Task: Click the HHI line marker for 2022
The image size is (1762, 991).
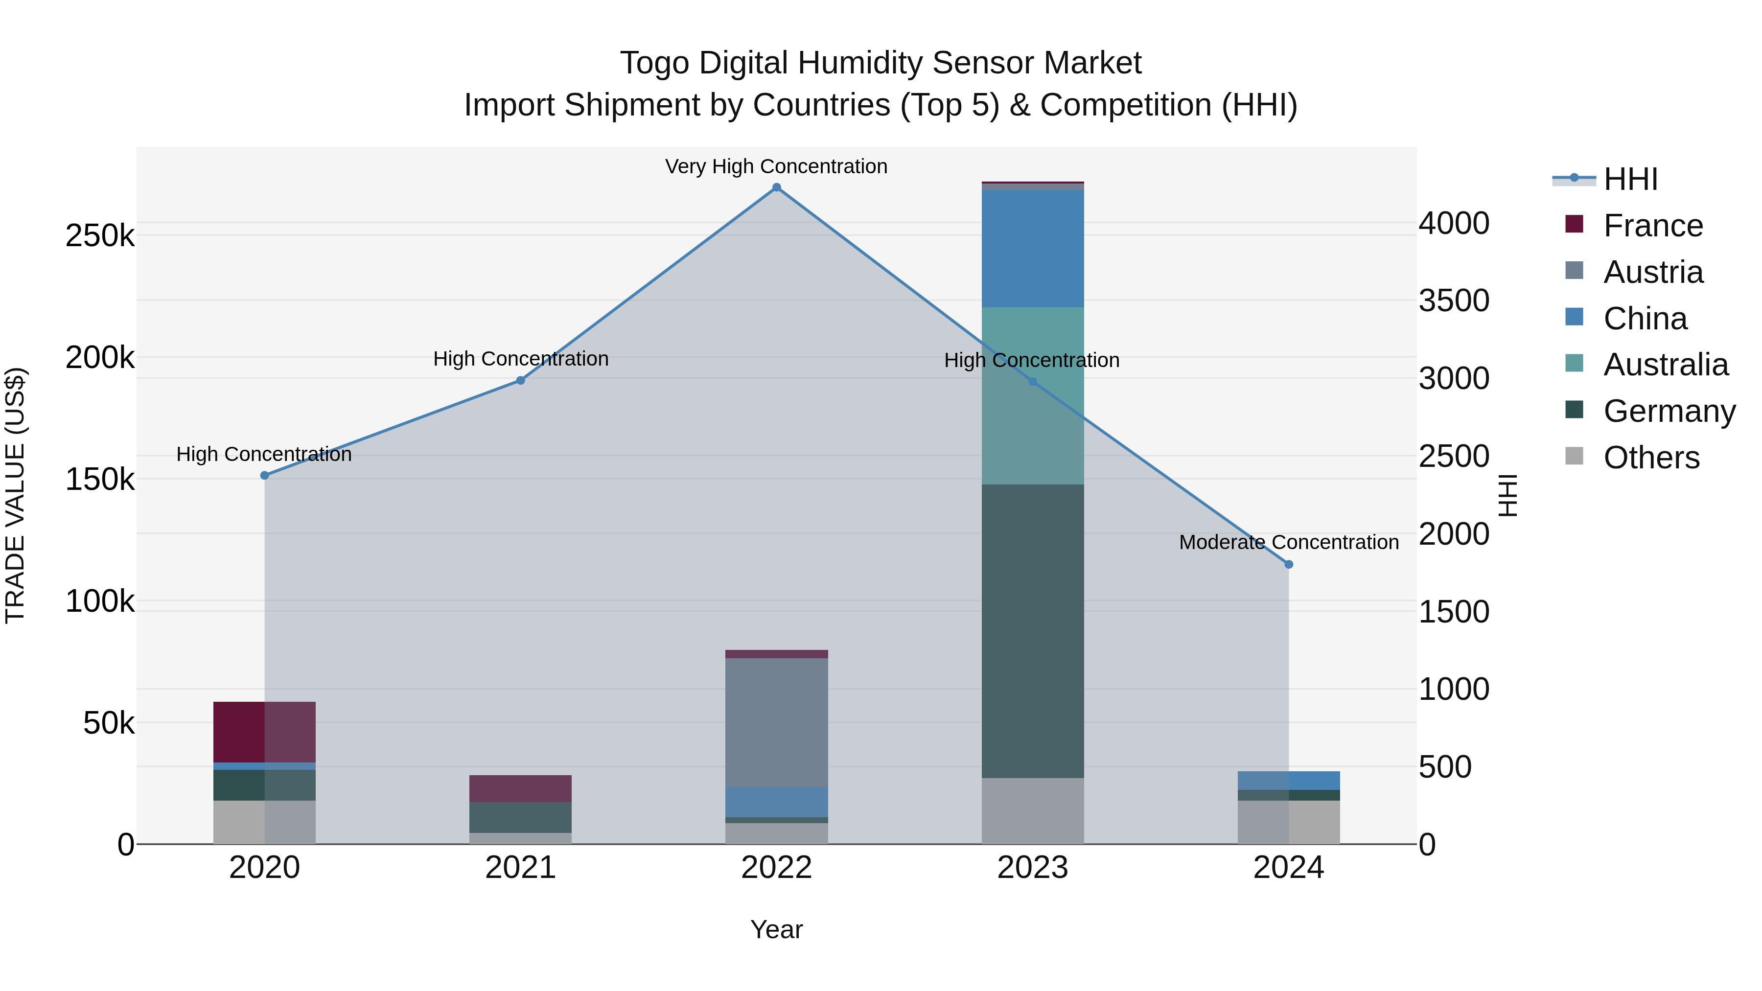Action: pyautogui.click(x=776, y=187)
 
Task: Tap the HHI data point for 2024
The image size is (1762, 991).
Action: pyautogui.click(x=1289, y=564)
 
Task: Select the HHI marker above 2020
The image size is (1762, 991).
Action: pyautogui.click(x=265, y=475)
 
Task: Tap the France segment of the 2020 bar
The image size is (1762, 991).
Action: pyautogui.click(x=265, y=731)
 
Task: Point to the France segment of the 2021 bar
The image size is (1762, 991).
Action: pyautogui.click(x=521, y=788)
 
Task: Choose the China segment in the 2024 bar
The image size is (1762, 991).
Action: pyautogui.click(x=1289, y=781)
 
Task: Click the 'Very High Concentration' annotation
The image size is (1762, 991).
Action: pyautogui.click(x=776, y=166)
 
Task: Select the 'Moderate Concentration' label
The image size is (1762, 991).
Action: pyautogui.click(x=1289, y=542)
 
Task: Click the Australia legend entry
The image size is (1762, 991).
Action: pyautogui.click(x=1665, y=365)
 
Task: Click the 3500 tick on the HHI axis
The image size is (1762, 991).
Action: pyautogui.click(x=1454, y=300)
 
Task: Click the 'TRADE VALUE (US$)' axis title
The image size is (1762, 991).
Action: pyautogui.click(x=15, y=495)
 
